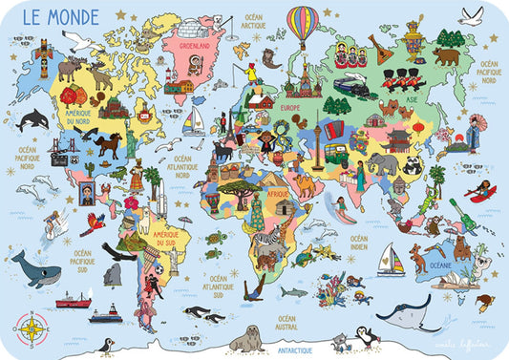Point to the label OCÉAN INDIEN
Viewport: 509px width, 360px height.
coord(358,243)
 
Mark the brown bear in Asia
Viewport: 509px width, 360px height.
coord(447,56)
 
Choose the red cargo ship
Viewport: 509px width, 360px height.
coord(73,302)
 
